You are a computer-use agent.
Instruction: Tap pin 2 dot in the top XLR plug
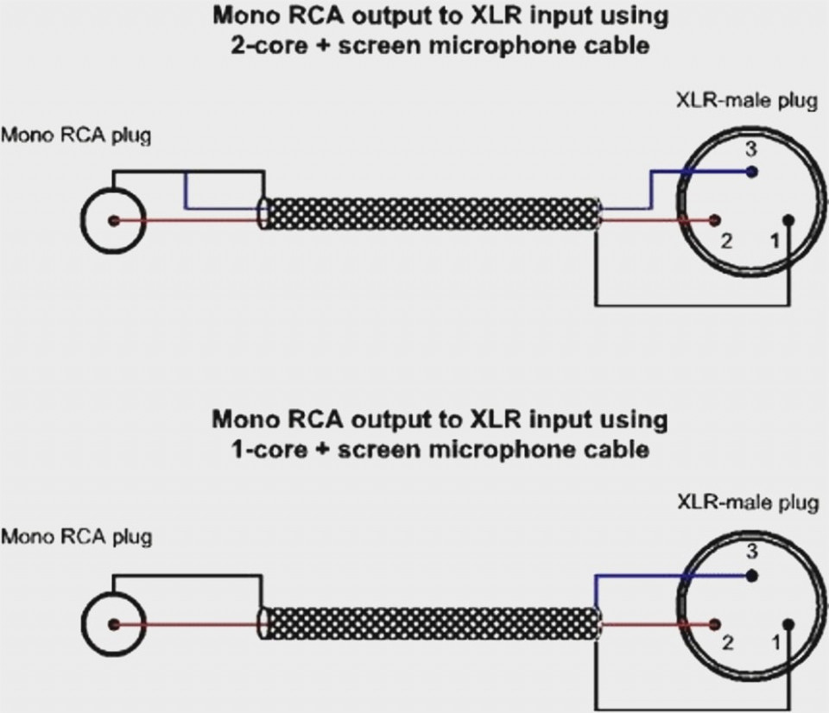(x=716, y=221)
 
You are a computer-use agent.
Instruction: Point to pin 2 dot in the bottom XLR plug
(x=716, y=624)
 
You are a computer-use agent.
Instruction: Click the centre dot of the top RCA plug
(x=113, y=221)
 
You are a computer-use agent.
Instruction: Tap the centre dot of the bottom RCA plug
(x=113, y=624)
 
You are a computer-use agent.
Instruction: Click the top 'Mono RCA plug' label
(x=76, y=136)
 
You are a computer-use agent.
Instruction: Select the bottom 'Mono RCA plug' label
(x=76, y=537)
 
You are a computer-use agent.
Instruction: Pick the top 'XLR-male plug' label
(x=746, y=101)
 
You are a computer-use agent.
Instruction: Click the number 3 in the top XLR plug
(x=751, y=148)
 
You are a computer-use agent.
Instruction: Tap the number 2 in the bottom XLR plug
(x=727, y=643)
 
